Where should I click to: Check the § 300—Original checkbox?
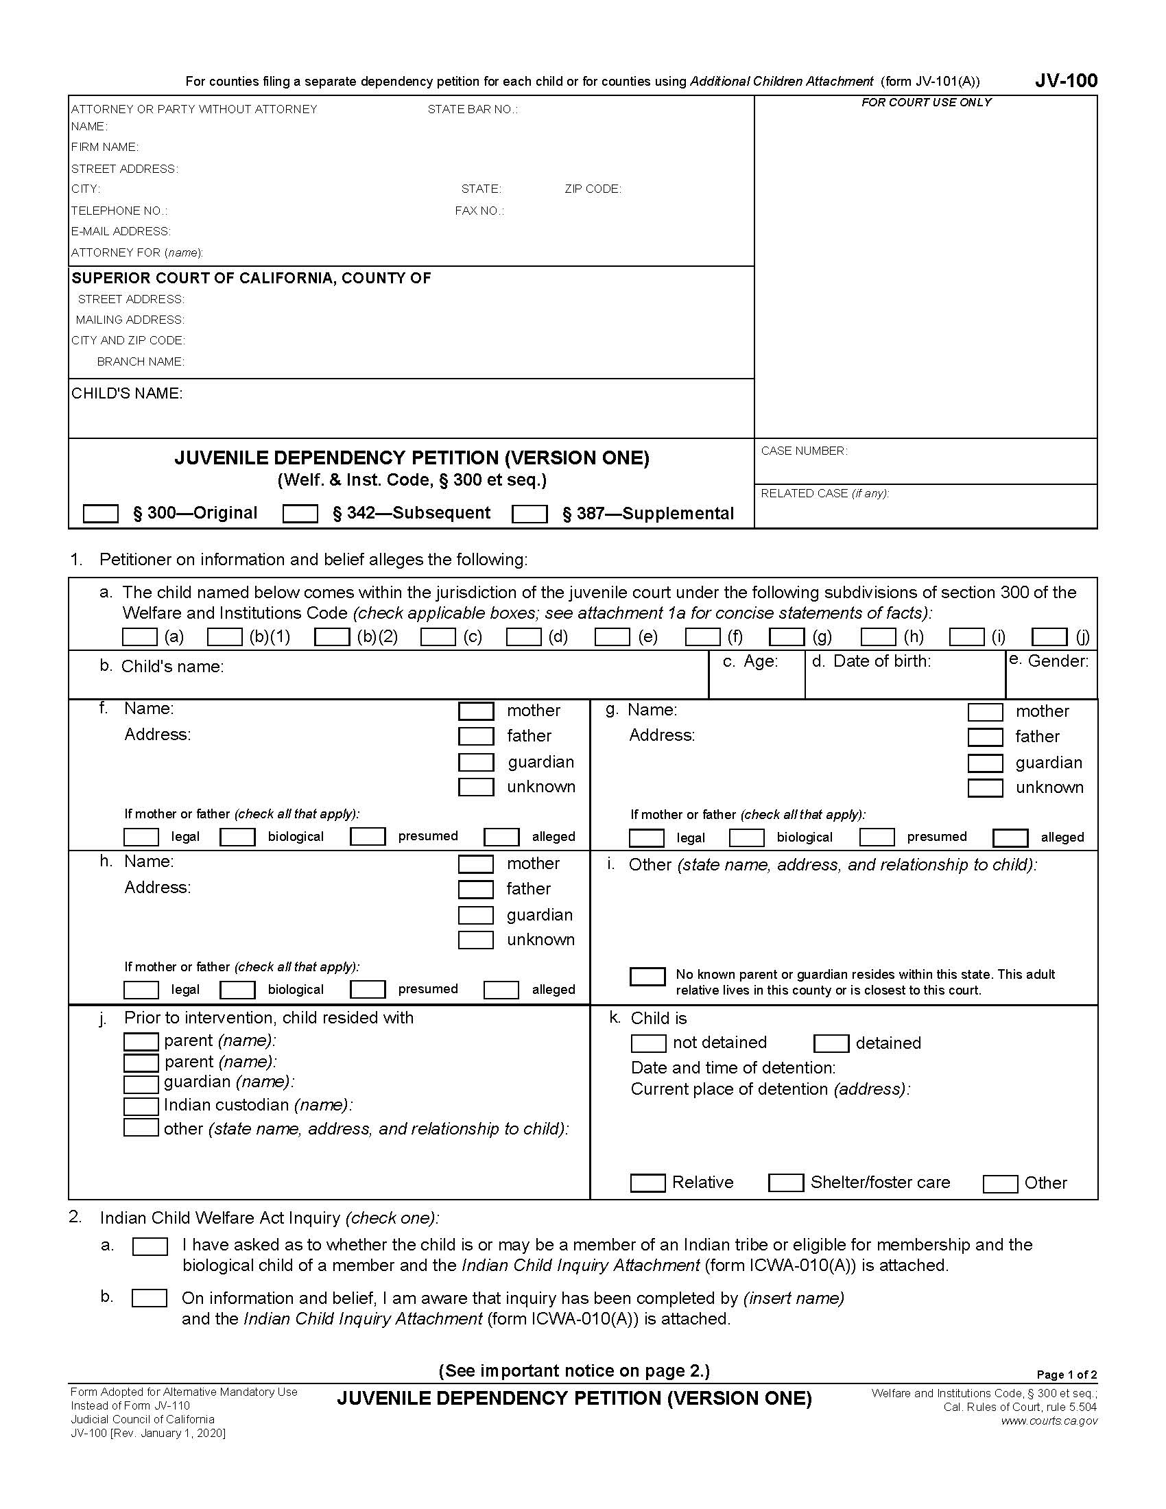[100, 513]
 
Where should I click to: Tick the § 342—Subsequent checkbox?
[300, 513]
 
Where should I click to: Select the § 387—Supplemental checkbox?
[529, 514]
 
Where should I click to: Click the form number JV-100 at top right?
[1066, 81]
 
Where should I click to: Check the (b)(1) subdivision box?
[224, 637]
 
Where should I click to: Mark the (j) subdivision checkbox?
[1049, 637]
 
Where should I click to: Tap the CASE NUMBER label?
[804, 451]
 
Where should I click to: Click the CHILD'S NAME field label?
[127, 394]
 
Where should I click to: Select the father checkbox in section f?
[476, 737]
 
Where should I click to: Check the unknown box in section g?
[985, 788]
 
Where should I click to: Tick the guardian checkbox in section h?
[476, 916]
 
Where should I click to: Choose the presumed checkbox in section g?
[877, 837]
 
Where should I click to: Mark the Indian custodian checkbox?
[141, 1106]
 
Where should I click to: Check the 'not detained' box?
[648, 1043]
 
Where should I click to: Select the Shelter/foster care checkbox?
[786, 1183]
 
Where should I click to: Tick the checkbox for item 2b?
[150, 1298]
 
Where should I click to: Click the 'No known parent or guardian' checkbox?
[647, 976]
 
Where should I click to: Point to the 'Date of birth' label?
[881, 661]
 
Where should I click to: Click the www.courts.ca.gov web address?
[1049, 1421]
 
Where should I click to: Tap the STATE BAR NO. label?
[473, 109]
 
